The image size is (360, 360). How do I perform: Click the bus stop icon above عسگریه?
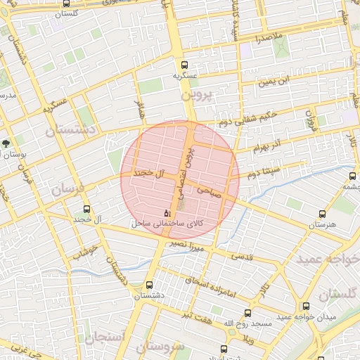[185, 63]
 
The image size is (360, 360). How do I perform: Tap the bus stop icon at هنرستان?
[323, 214]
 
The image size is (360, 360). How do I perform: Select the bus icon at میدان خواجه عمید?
[306, 307]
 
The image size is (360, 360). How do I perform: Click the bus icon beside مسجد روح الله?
[247, 314]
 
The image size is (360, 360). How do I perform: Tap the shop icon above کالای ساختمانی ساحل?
[167, 212]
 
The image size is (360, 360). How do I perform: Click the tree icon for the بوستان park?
[6, 144]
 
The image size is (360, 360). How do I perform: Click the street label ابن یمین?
[273, 82]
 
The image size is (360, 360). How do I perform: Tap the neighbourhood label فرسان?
[67, 189]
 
